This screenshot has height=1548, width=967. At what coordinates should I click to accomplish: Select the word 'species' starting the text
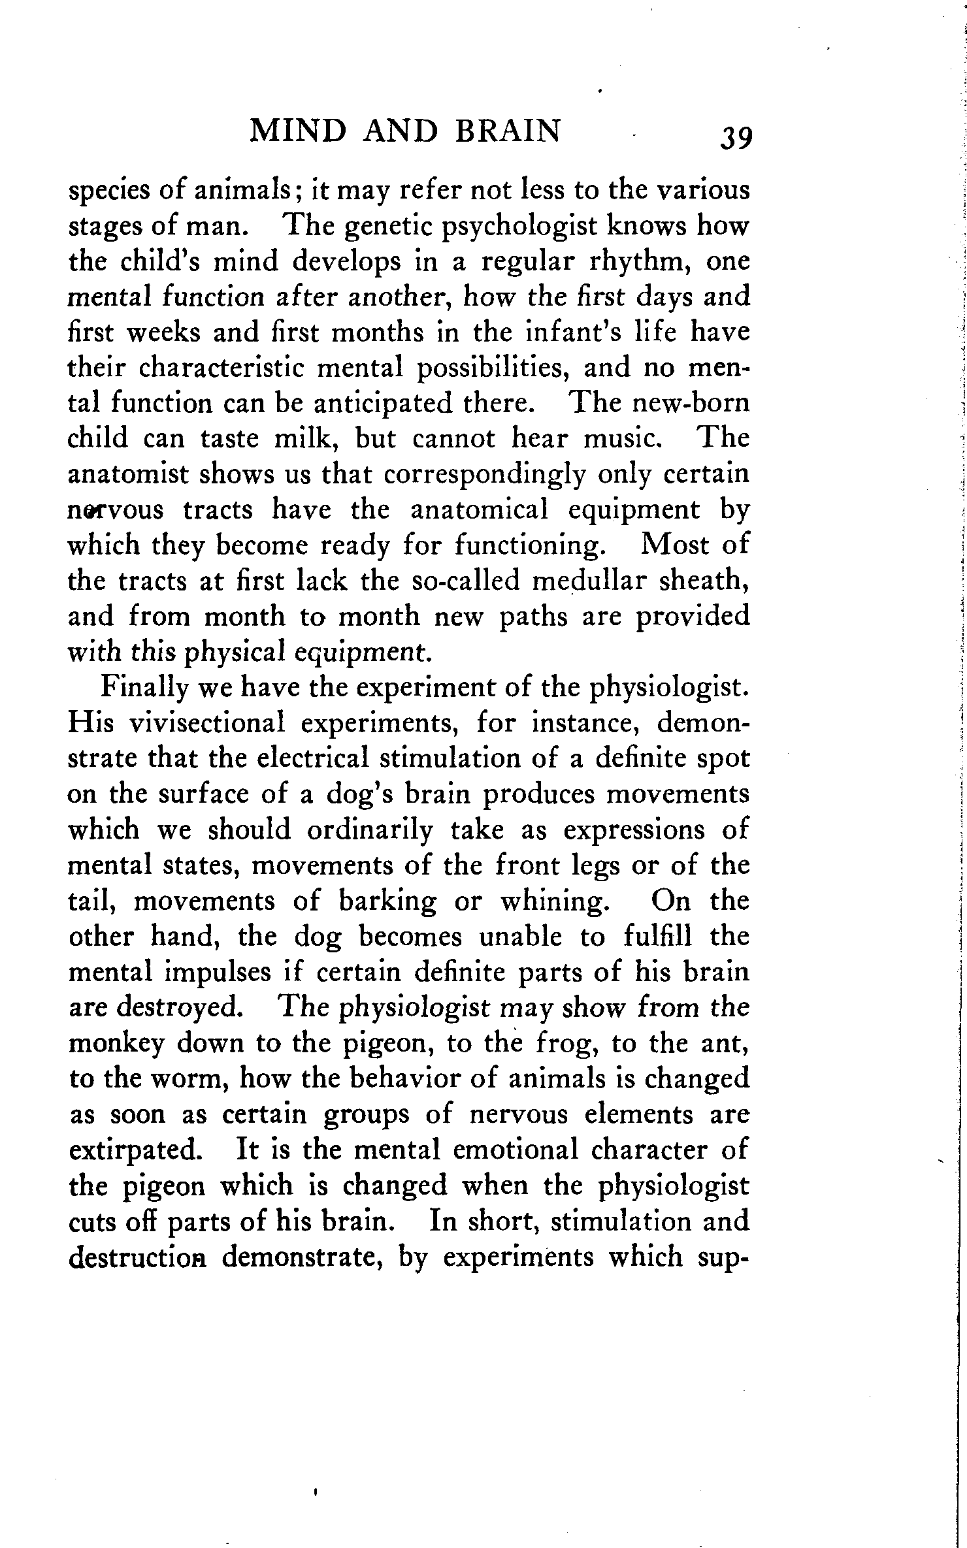(x=108, y=191)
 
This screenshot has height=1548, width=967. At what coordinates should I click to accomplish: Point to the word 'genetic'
(x=389, y=227)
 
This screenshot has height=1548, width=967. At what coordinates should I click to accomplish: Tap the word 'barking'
(x=387, y=901)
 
